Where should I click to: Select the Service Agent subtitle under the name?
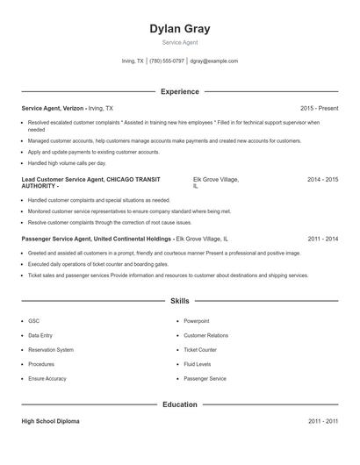pyautogui.click(x=180, y=42)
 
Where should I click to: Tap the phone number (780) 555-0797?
pyautogui.click(x=167, y=61)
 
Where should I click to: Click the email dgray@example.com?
pyautogui.click(x=214, y=61)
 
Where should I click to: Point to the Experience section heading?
pyautogui.click(x=180, y=91)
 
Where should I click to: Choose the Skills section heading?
pyautogui.click(x=180, y=300)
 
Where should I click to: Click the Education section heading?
pyautogui.click(x=180, y=404)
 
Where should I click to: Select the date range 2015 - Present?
pyautogui.click(x=319, y=108)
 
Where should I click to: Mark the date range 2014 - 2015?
pyautogui.click(x=322, y=179)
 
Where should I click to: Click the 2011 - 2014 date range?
pyautogui.click(x=322, y=238)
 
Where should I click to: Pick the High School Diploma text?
pyautogui.click(x=50, y=421)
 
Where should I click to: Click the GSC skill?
pyautogui.click(x=33, y=321)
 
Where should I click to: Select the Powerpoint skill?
pyautogui.click(x=197, y=321)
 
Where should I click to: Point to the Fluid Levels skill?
pyautogui.click(x=197, y=364)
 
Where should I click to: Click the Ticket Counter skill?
pyautogui.click(x=199, y=349)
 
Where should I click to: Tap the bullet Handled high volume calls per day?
pyautogui.click(x=67, y=163)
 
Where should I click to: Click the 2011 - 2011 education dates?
pyautogui.click(x=322, y=421)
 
